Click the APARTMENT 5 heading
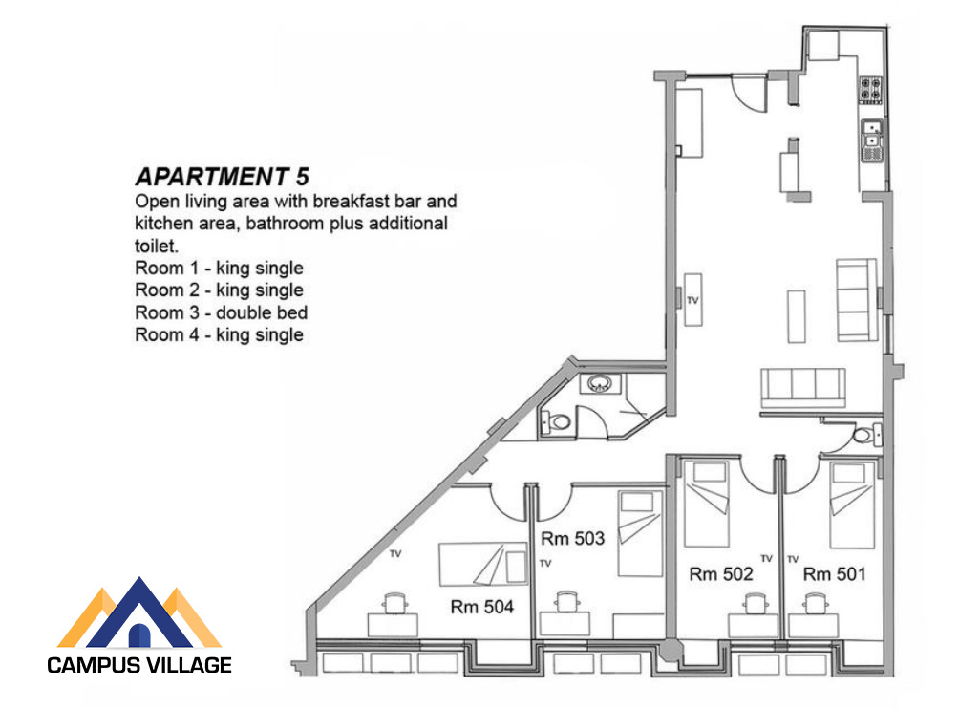222,177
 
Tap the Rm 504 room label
481,607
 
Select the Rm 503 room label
572,538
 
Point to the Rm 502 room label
720,574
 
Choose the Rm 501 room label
835,574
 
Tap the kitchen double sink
872,140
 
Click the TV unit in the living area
692,299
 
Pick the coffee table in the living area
797,316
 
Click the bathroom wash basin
600,383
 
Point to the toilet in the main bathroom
556,422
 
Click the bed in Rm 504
483,565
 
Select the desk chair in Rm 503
566,601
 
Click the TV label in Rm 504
395,553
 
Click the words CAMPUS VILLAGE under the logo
139,665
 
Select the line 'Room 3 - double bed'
222,312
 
